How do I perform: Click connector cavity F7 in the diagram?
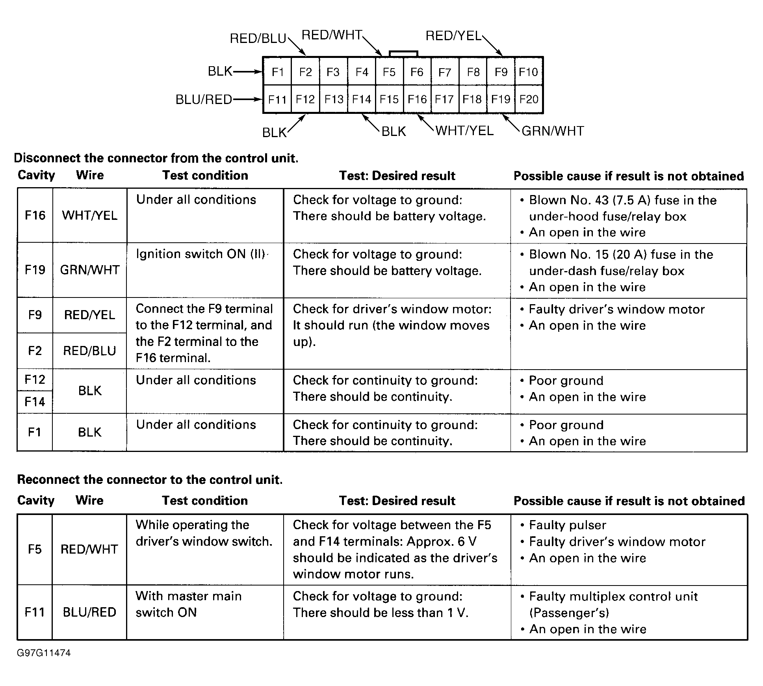point(445,72)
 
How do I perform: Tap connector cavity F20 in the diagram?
point(529,99)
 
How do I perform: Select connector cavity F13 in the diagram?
point(334,99)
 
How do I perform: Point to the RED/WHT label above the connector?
point(332,35)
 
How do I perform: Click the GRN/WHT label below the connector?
point(552,131)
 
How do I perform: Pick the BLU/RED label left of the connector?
point(204,100)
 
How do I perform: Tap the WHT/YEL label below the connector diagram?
point(464,131)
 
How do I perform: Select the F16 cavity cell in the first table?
point(35,216)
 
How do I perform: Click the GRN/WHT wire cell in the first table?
point(90,270)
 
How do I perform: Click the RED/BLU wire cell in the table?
point(90,351)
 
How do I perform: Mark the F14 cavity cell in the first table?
point(35,402)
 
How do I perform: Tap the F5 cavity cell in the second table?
point(35,549)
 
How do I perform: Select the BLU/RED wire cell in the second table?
point(89,612)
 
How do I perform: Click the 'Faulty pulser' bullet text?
point(567,525)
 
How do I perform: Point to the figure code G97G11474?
point(44,653)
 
